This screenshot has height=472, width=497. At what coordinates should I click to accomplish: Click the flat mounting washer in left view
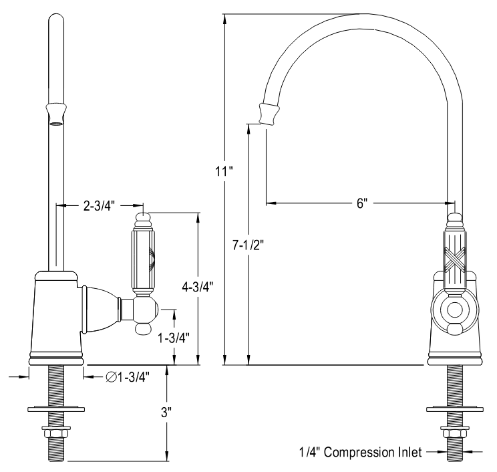pyautogui.click(x=56, y=408)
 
